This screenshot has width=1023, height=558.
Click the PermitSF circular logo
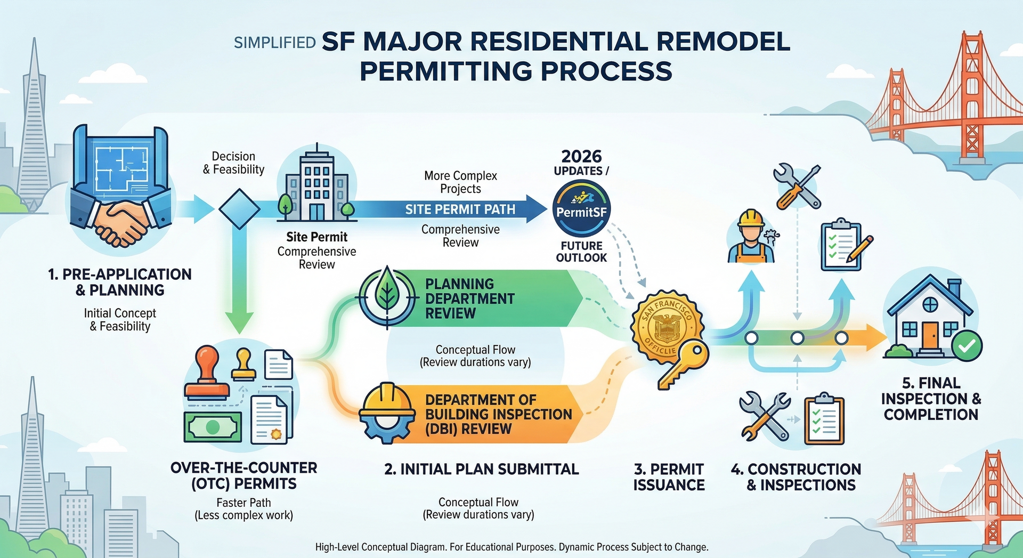(x=581, y=208)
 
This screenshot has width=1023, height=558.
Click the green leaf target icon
(x=387, y=296)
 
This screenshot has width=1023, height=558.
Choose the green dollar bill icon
(x=212, y=426)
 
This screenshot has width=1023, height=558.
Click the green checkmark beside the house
(x=967, y=346)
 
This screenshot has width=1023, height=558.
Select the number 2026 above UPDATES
(x=581, y=156)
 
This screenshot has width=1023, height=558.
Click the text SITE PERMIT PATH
(x=460, y=209)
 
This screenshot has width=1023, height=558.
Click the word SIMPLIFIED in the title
(x=275, y=43)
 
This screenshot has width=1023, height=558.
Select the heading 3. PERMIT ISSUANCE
(x=669, y=477)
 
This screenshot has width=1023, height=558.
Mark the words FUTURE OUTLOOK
(x=581, y=252)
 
